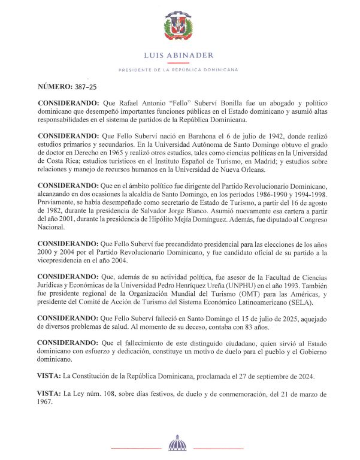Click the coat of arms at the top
pyautogui.click(x=179, y=27)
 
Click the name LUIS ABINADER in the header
pyautogui.click(x=179, y=56)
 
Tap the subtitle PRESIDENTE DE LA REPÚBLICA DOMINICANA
pyautogui.click(x=179, y=70)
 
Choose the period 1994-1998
pyautogui.click(x=305, y=195)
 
